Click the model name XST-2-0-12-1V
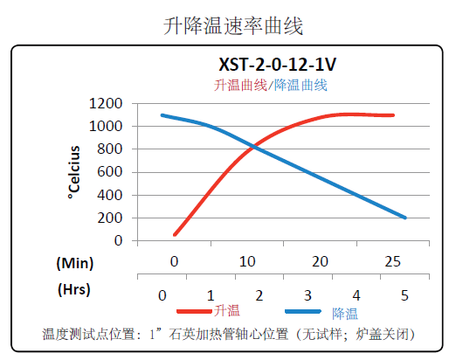point(276,65)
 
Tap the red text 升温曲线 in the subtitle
point(241,85)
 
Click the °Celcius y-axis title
point(75,171)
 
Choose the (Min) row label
point(74,262)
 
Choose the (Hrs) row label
point(74,287)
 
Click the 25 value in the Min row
point(394,262)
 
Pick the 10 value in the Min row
point(247,262)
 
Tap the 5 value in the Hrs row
point(404,295)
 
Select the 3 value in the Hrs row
point(307,295)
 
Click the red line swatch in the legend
point(194,311)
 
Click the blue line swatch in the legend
point(306,311)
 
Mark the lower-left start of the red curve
point(175,234)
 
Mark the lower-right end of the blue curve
point(405,218)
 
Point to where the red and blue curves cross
point(252,147)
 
